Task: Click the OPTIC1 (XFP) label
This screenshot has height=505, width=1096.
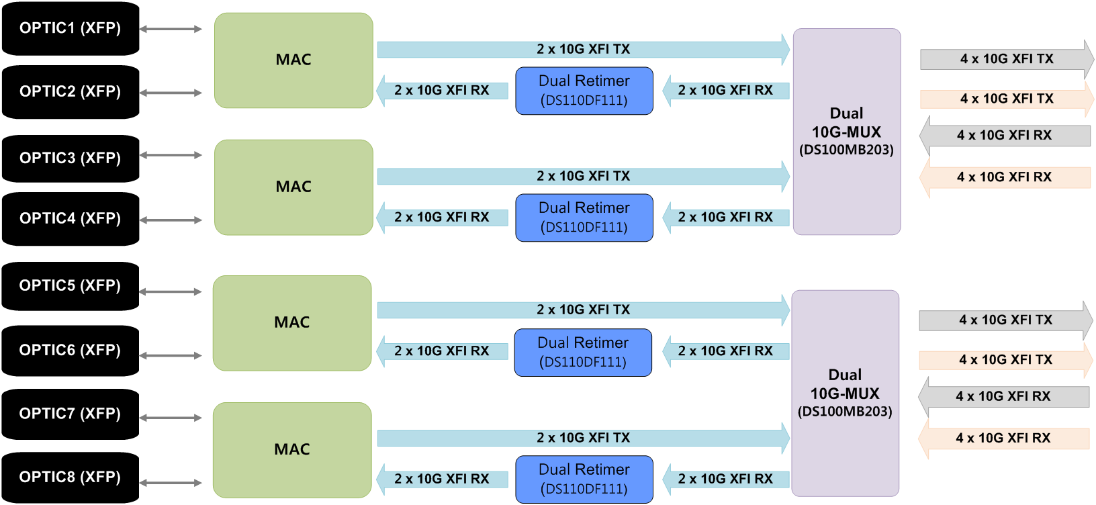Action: tap(70, 28)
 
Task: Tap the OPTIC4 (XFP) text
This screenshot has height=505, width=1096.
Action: tap(70, 218)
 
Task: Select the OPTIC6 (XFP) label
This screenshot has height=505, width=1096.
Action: tap(70, 350)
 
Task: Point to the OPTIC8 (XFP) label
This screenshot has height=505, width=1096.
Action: tap(70, 477)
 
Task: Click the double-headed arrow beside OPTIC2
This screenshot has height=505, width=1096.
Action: tap(171, 93)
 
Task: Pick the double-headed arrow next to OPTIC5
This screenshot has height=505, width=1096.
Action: tap(171, 291)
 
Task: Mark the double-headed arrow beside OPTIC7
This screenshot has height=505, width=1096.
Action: tap(171, 418)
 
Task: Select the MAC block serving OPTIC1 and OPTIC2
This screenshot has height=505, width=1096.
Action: tap(293, 60)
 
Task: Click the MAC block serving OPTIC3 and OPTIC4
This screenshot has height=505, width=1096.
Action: tap(293, 187)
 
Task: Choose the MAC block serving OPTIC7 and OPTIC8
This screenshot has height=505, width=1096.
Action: tap(292, 450)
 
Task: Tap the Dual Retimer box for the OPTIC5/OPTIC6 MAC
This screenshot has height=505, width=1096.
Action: tap(583, 352)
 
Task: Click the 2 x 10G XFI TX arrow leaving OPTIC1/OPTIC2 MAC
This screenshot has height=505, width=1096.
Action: tap(583, 49)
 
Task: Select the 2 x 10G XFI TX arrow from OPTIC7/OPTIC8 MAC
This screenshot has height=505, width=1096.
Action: tap(583, 438)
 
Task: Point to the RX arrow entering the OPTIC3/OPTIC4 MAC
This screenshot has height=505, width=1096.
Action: tap(442, 218)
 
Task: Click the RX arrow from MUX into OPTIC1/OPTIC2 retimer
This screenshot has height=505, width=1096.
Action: tap(725, 91)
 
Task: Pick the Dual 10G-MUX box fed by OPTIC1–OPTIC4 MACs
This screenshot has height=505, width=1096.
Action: tap(846, 132)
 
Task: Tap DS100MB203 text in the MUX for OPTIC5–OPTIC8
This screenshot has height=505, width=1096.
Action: tap(845, 412)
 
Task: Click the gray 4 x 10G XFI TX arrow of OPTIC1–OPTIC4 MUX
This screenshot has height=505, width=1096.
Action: tap(1006, 59)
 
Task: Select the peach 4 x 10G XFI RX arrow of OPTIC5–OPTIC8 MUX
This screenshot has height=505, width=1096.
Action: tap(1003, 439)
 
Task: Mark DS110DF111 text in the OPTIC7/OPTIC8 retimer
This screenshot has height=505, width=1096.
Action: tap(584, 489)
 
